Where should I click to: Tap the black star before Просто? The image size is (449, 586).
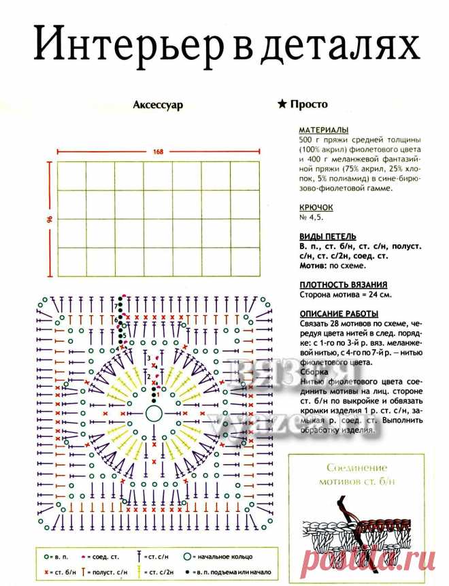pos(282,105)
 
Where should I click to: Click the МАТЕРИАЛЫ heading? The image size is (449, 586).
pos(324,129)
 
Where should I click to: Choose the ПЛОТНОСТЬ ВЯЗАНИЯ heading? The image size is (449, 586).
pos(344,284)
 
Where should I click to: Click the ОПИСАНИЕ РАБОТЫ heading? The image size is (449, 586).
pos(339,313)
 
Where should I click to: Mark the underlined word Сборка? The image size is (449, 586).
pos(313,372)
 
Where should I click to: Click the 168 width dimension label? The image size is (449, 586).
pos(159,151)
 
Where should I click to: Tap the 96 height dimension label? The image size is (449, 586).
pos(50,220)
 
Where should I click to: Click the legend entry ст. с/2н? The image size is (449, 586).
pos(161,573)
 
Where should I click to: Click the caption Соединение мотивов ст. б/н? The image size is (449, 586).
pos(356,474)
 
